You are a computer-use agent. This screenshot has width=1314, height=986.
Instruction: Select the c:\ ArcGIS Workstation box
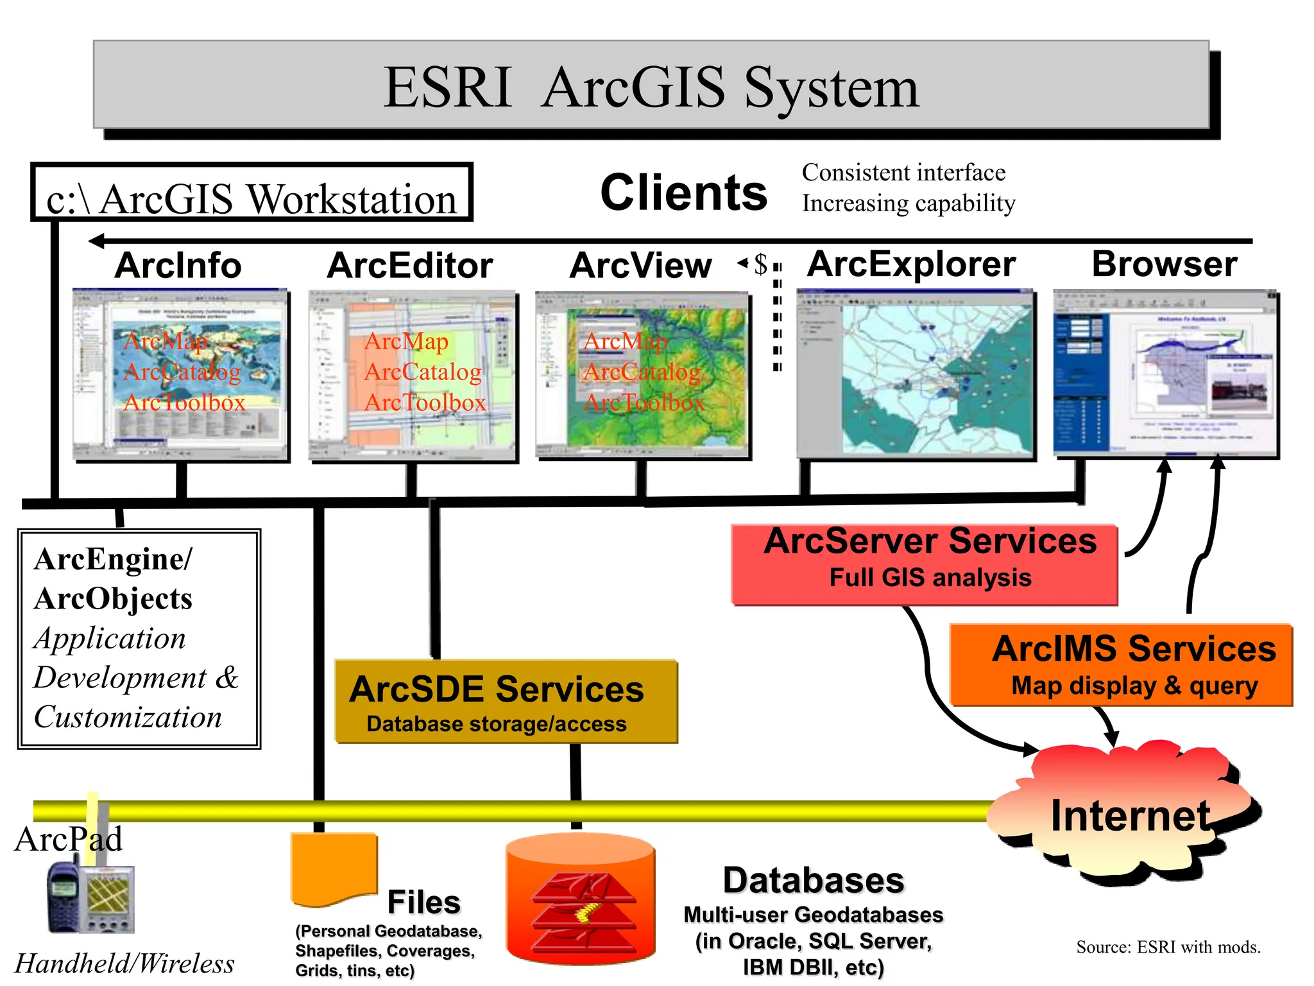pos(252,193)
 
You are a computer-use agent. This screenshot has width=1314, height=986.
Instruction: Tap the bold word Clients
pos(683,193)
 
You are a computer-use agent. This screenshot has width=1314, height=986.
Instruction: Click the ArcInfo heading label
pos(178,265)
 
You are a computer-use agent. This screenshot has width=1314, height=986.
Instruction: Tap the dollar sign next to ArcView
pos(760,264)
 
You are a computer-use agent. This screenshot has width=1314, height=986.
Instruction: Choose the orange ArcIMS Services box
pos(1120,665)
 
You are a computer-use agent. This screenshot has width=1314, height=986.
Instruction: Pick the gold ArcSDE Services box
pos(506,702)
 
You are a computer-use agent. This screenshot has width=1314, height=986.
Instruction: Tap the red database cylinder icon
pos(581,899)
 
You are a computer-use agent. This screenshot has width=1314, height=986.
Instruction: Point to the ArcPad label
pos(68,838)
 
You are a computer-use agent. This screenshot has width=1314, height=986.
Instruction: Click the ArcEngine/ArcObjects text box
pos(139,638)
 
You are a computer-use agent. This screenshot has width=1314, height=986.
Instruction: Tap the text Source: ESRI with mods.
pos(1168,947)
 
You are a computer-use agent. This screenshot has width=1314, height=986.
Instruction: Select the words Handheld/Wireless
pos(124,964)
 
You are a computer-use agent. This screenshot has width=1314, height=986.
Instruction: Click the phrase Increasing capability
pos(909,203)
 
